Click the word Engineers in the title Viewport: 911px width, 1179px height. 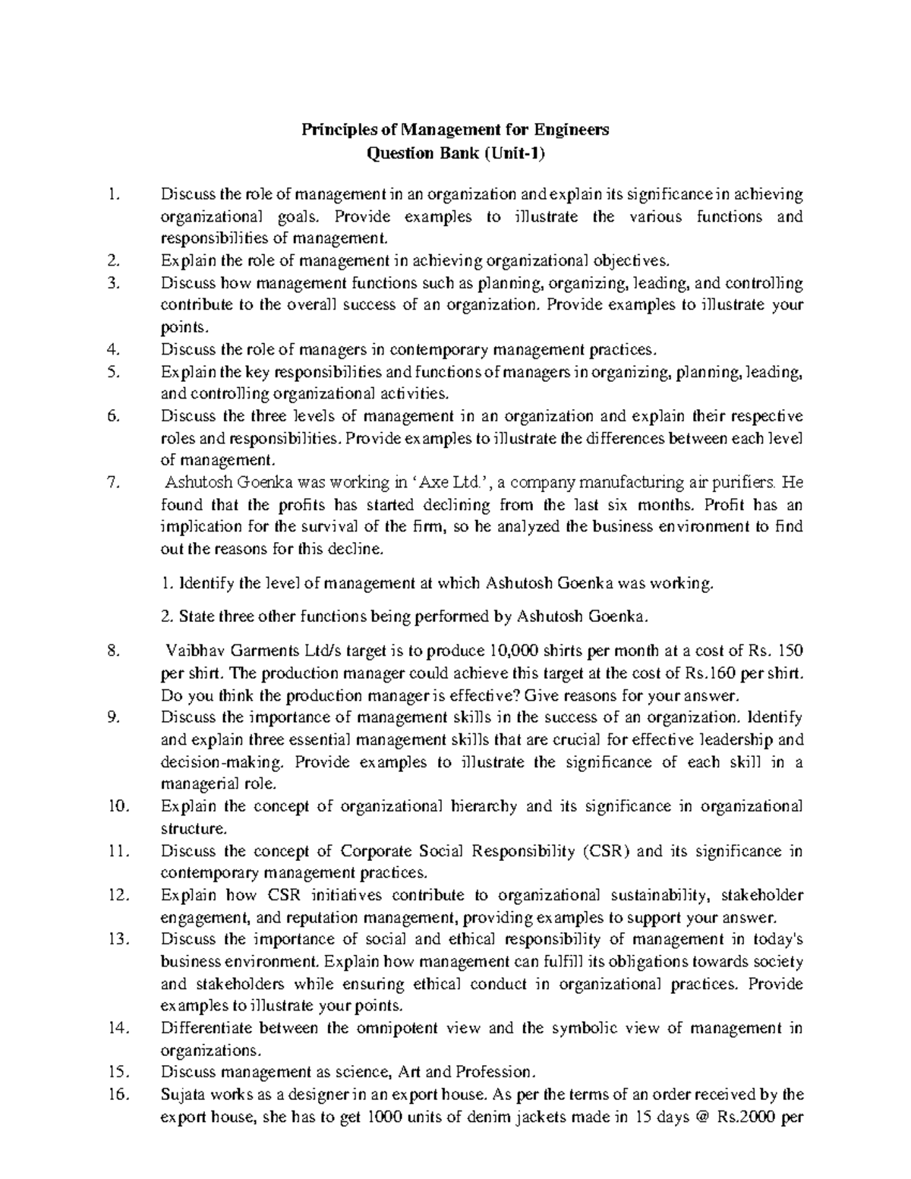[x=572, y=130]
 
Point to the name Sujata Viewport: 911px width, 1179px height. [x=182, y=1095]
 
